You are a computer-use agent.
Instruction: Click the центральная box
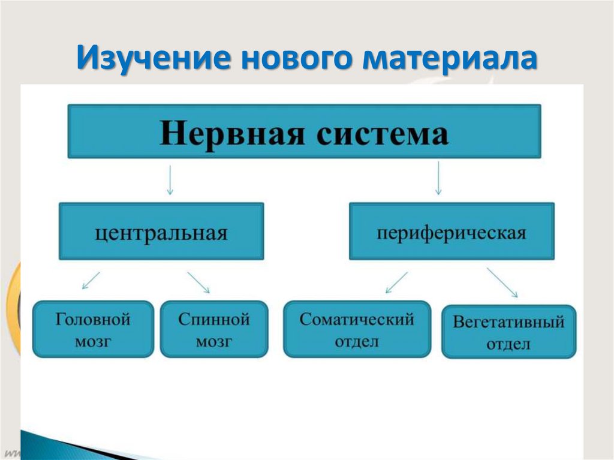pos(161,231)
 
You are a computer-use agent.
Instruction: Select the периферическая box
pos(452,231)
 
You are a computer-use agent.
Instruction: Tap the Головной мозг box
pos(93,329)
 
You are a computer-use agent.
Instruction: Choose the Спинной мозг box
pos(213,329)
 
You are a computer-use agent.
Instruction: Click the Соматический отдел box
pos(357,329)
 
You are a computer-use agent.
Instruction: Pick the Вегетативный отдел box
pos(508,332)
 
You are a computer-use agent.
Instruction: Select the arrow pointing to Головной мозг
pos(91,281)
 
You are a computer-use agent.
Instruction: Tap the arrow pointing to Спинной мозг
pos(198,282)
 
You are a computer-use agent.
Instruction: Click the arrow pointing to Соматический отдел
pos(396,282)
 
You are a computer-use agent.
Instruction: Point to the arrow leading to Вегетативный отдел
pos(502,282)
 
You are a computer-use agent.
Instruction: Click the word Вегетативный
pos(508,322)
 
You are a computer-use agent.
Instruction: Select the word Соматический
pos(357,319)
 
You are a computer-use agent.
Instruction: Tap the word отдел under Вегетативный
pos(508,344)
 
